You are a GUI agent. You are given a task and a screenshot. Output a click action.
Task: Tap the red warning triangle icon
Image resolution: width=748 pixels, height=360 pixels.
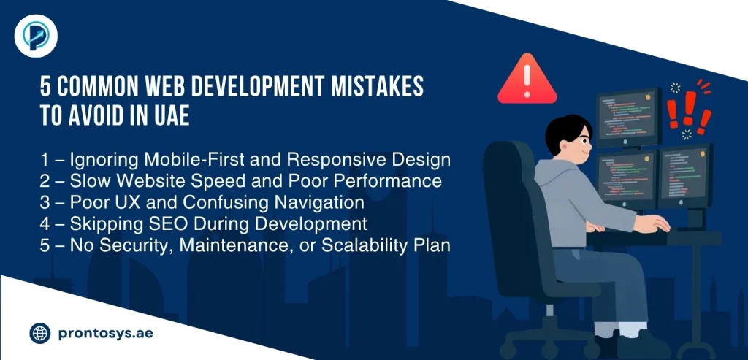point(527,81)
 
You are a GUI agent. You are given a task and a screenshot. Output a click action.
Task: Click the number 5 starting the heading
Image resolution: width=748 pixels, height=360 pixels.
point(45,87)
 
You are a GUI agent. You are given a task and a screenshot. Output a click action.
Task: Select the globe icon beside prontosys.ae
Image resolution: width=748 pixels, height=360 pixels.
point(39,334)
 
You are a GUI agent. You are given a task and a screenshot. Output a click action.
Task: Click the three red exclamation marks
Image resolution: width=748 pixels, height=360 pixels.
point(687,110)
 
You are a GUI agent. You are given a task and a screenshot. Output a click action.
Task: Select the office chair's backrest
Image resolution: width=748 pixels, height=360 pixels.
point(511,204)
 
